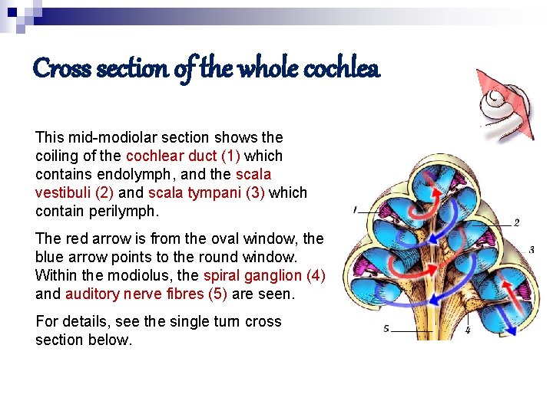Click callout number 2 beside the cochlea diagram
coord(516,223)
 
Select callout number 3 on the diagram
coord(531,250)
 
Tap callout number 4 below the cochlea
coord(467,331)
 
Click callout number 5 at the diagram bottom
coord(386,330)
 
